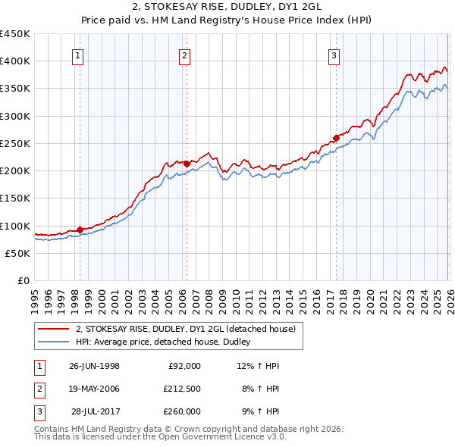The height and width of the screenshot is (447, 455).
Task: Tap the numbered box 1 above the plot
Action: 79,54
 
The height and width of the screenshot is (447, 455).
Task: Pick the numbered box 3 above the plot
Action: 334,54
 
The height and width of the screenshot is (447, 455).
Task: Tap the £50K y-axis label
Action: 18,253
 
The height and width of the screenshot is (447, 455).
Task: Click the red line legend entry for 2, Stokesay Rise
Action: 190,329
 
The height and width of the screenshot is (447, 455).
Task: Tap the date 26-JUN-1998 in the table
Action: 94,366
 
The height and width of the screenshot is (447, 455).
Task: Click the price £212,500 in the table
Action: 181,389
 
